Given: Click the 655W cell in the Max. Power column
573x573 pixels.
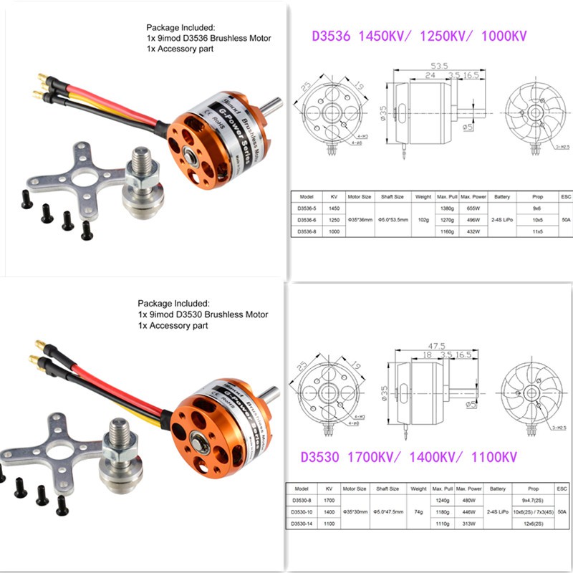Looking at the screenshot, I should [x=473, y=208].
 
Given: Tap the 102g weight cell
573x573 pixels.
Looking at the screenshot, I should [x=423, y=221].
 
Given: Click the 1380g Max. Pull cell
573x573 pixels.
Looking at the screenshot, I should [x=447, y=208].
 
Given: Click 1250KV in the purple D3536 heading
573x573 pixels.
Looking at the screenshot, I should [x=438, y=34].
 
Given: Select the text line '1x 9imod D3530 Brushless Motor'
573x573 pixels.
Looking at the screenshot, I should [x=203, y=314].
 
